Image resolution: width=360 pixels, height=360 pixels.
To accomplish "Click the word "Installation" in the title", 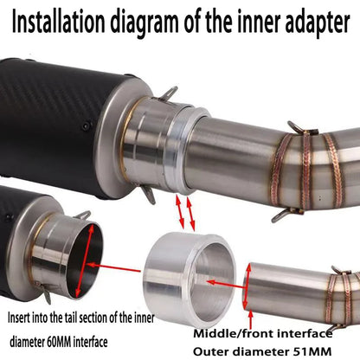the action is [59, 22].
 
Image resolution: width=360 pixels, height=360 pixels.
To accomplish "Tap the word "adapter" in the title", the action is [318, 22].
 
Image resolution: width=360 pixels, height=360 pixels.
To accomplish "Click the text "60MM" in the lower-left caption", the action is [59, 342].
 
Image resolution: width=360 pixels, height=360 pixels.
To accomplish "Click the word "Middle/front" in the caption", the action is [231, 334].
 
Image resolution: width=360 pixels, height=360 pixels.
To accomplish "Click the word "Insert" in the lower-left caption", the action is [18, 318].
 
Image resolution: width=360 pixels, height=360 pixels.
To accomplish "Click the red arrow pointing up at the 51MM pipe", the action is [251, 319].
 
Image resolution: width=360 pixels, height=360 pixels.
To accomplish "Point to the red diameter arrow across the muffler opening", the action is [85, 261].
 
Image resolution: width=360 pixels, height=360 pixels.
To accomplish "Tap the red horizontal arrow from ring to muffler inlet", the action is [113, 267].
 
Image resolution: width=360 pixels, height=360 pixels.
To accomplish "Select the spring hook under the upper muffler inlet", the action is [148, 193].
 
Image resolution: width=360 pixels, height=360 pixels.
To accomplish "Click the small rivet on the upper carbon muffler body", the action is [86, 125].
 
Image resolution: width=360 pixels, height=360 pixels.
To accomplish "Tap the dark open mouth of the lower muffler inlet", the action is [86, 261].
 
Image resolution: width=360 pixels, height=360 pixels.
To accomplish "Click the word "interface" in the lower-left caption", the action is [91, 342].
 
